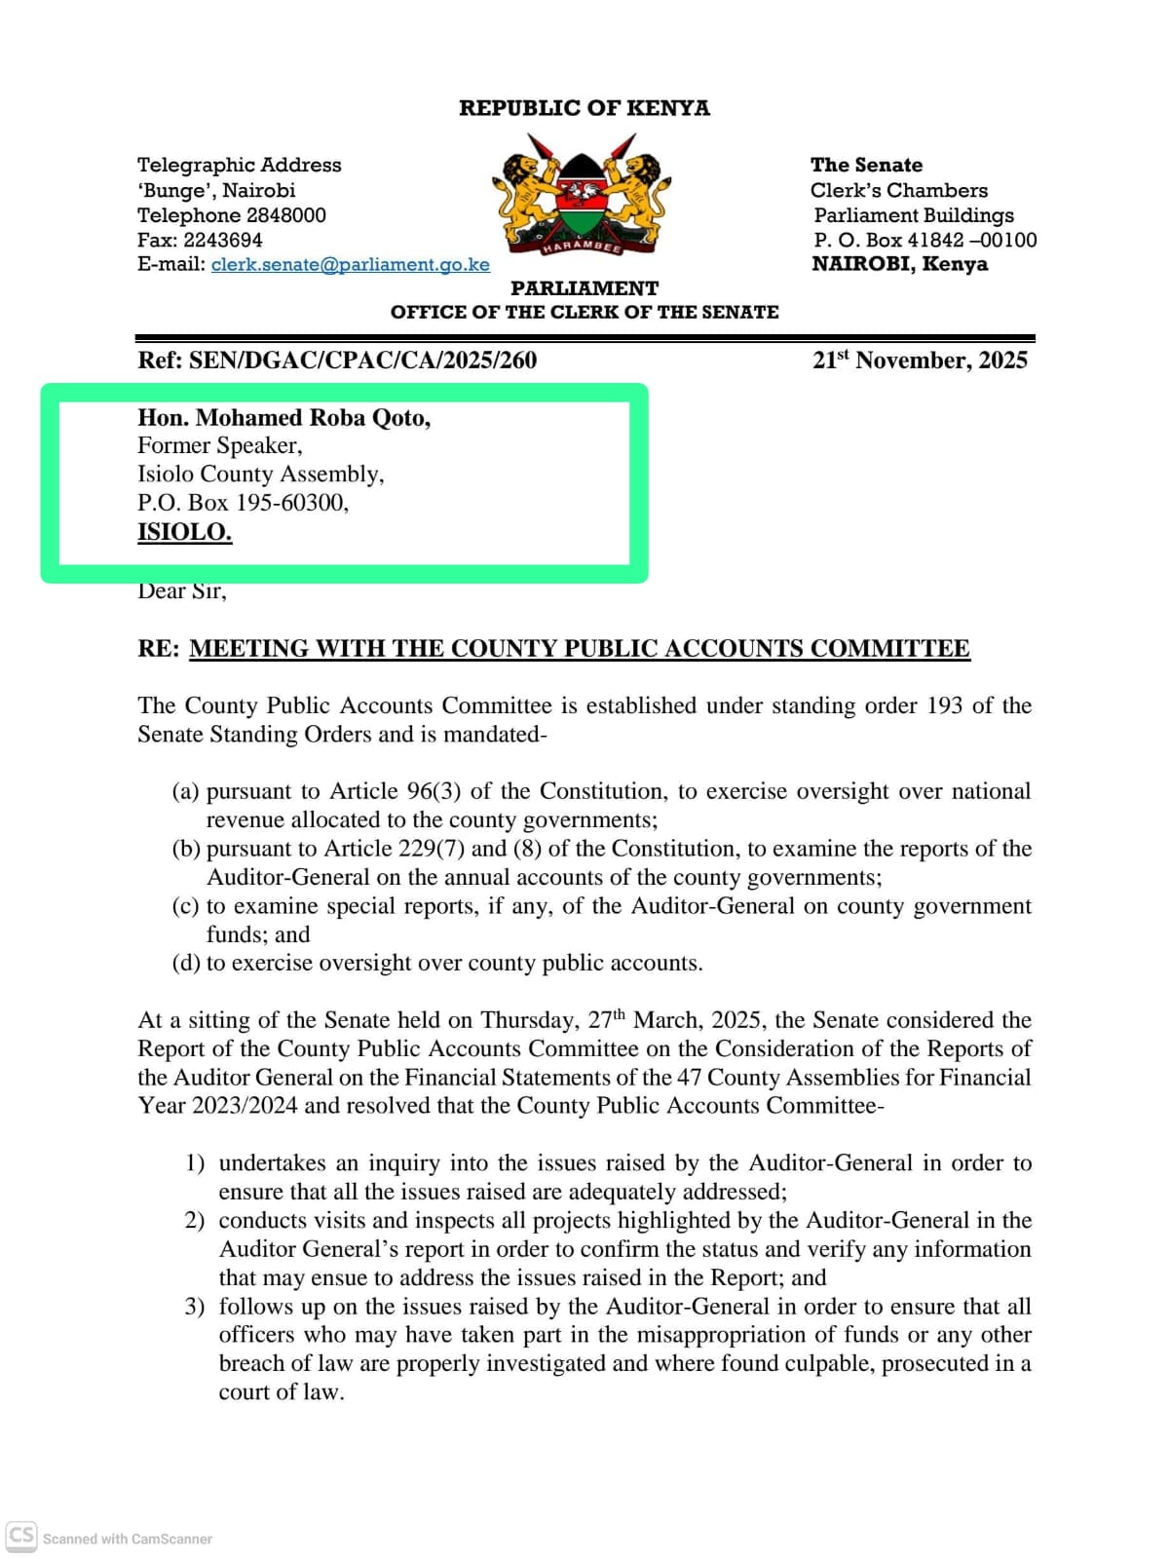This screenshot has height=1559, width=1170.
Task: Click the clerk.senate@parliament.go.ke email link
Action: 350,264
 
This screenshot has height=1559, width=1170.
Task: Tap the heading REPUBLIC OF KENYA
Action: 584,107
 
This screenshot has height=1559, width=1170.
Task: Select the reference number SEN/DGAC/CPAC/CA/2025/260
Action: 362,360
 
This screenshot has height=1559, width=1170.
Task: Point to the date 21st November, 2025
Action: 920,360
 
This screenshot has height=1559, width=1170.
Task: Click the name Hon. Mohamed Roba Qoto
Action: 283,417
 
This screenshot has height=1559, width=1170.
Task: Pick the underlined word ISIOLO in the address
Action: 184,532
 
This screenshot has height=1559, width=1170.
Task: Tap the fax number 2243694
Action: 223,240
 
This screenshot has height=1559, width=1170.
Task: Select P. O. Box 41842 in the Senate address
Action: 887,240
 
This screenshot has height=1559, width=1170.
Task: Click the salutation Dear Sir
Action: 181,590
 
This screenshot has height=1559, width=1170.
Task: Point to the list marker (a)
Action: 186,790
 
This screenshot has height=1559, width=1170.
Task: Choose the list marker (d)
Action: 186,963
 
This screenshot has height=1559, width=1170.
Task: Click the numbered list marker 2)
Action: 195,1220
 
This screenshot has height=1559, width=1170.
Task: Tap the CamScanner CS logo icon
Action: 21,1536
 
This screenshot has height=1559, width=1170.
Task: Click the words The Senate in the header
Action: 866,165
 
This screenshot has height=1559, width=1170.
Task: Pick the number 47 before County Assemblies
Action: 689,1077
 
